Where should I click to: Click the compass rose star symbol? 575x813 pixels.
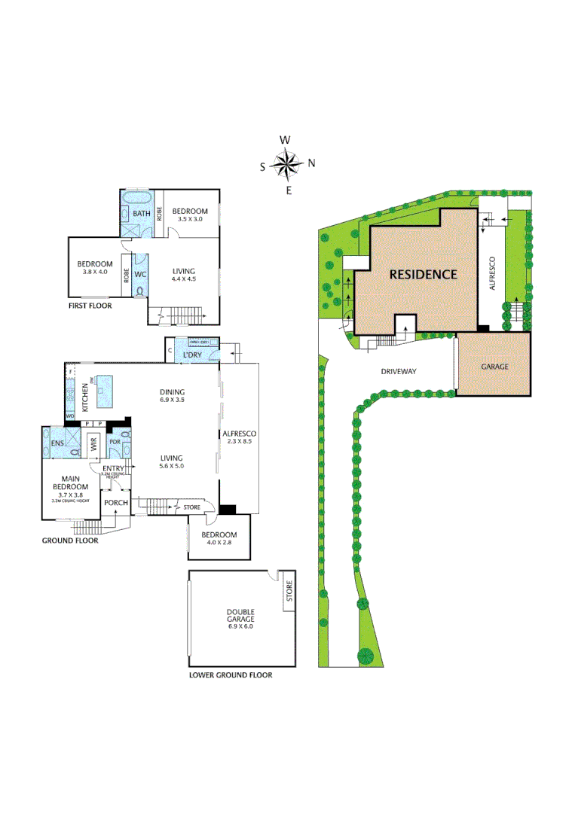[x=287, y=165]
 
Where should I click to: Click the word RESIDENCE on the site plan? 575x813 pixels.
[x=423, y=274]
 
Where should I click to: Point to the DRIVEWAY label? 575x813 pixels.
[x=399, y=371]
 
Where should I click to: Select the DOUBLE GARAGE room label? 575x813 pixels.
[x=240, y=618]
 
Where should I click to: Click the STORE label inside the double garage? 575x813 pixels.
[x=288, y=594]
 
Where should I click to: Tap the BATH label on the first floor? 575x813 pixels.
[x=142, y=214]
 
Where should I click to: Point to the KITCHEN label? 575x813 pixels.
[x=84, y=397]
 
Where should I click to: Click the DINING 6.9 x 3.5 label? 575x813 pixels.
[x=173, y=396]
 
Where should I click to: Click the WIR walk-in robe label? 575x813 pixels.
[x=94, y=445]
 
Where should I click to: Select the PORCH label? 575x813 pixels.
[x=115, y=502]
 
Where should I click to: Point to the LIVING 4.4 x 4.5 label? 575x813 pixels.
[x=184, y=276]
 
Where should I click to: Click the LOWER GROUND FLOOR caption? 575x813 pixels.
[x=231, y=675]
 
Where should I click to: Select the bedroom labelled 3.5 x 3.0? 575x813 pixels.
[x=189, y=215]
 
